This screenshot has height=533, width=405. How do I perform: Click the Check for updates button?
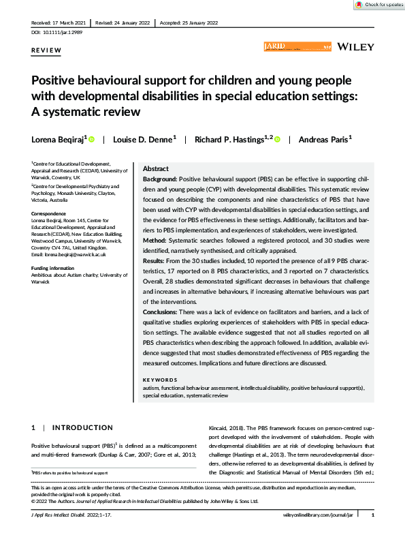[x=378, y=5]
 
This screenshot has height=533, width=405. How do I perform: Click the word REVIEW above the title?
[x=45, y=51]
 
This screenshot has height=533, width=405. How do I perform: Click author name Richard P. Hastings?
[x=231, y=139]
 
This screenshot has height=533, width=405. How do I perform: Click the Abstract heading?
[x=155, y=168]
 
